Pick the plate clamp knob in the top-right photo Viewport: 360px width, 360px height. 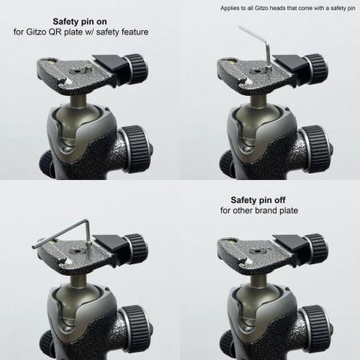[x=315, y=68]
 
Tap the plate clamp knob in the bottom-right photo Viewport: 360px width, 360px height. [x=315, y=248]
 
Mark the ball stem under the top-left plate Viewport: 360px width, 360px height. [x=82, y=98]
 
